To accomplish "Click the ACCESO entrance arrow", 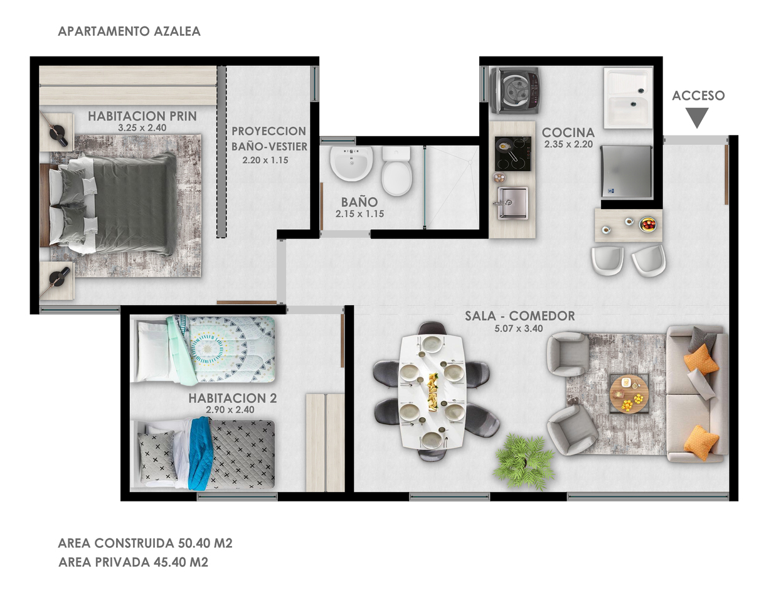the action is [697, 117].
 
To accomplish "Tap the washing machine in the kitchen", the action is [515, 90].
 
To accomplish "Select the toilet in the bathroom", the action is [396, 171].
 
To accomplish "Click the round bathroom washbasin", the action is [351, 164].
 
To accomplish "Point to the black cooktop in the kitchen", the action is [513, 154].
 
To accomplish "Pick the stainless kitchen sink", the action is [513, 203].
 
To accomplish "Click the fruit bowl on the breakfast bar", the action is [647, 224].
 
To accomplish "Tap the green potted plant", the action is [524, 461].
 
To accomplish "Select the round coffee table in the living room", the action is [629, 394].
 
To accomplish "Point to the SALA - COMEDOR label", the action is [519, 316].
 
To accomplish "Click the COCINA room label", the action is [568, 132].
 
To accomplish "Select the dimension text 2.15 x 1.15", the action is [359, 214].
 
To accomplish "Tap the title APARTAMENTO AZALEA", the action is [129, 31].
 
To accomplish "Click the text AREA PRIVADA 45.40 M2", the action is [133, 562].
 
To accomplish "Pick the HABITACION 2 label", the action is [233, 399].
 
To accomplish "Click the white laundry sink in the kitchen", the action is [628, 99].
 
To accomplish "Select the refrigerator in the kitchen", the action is [626, 171].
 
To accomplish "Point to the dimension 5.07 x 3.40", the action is [519, 329].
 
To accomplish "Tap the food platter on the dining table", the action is [432, 393].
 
